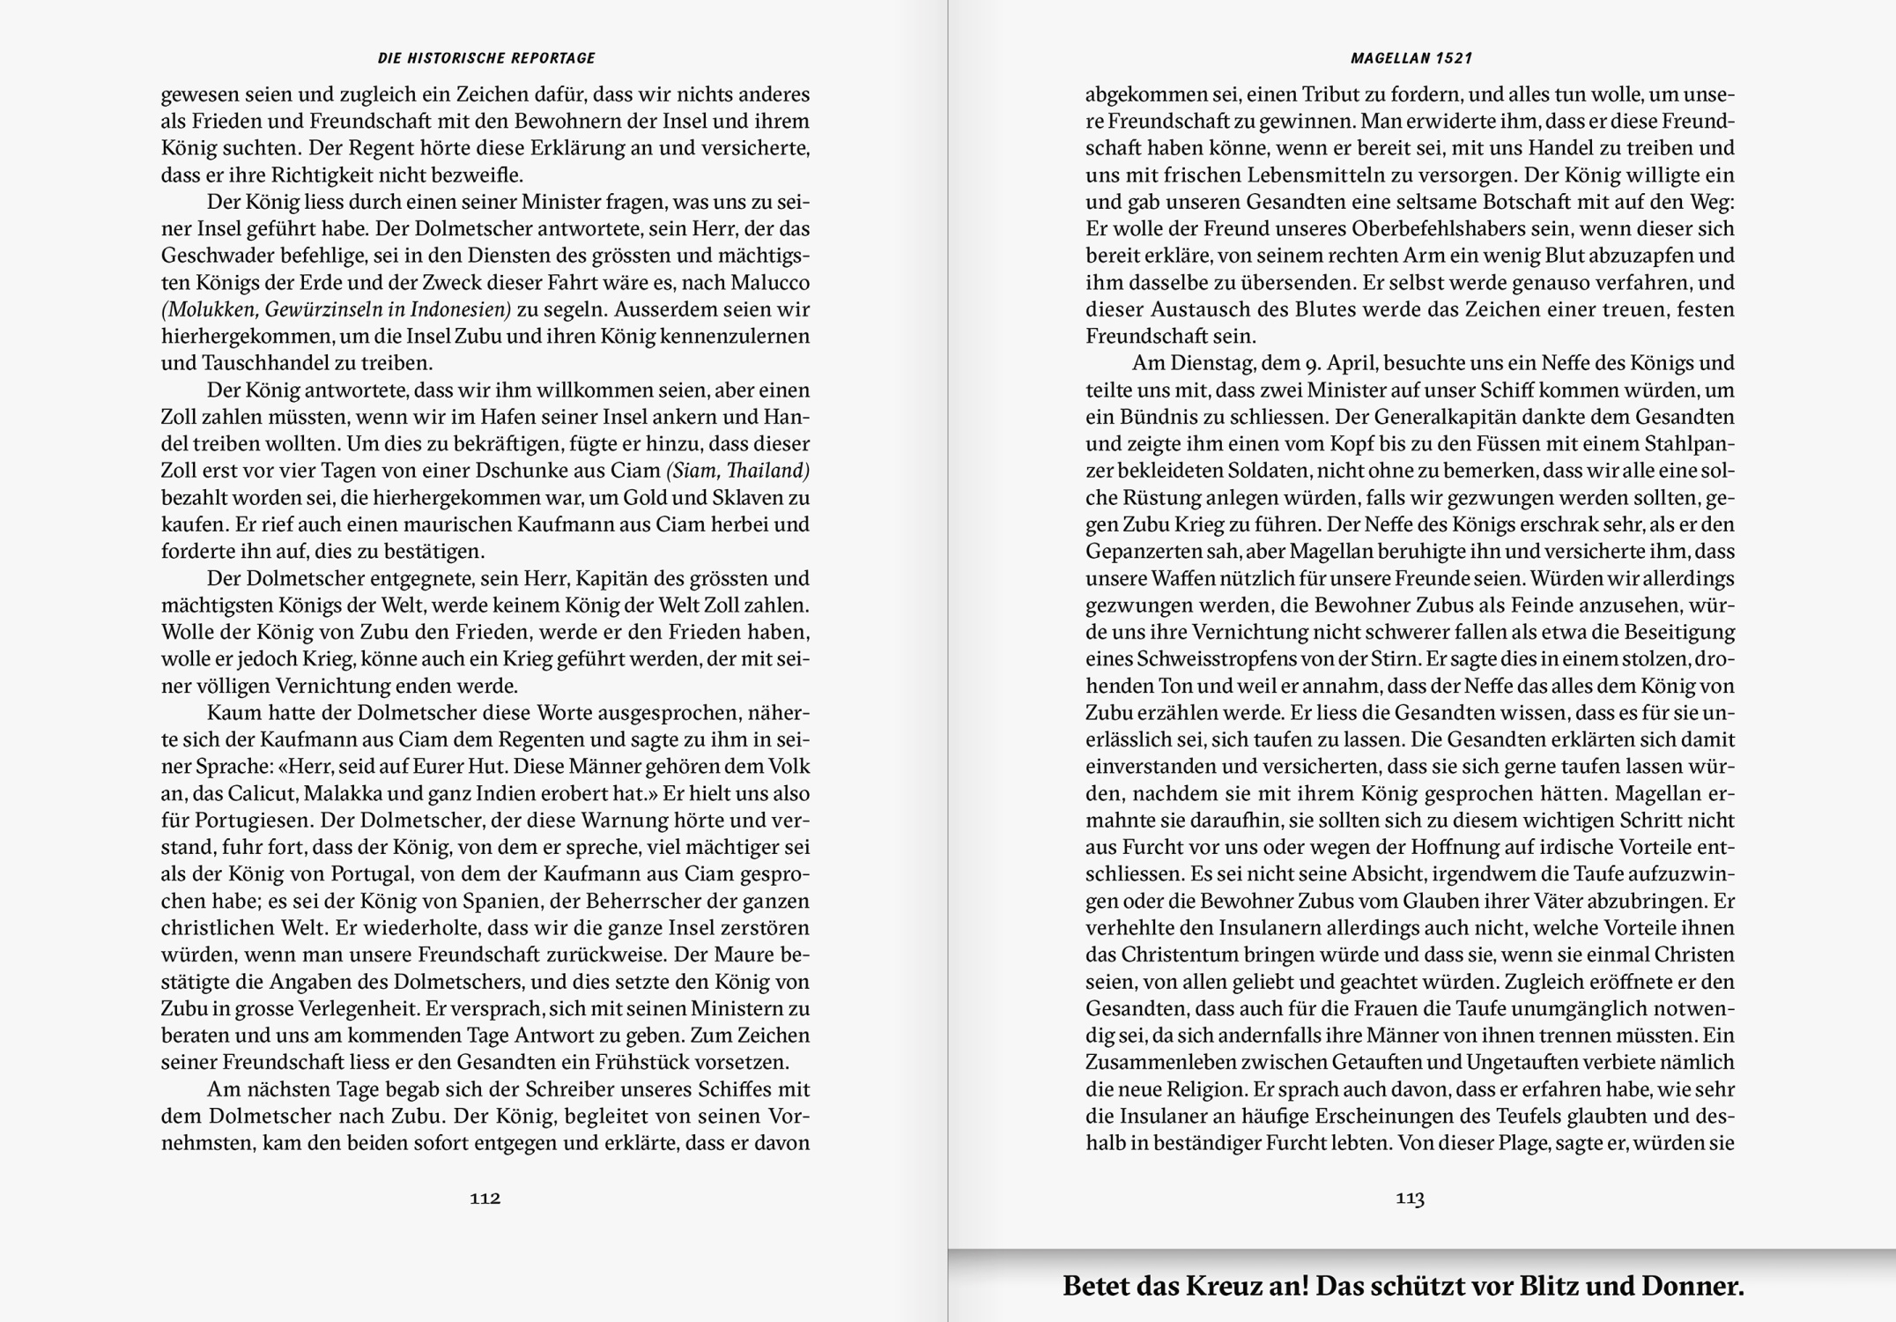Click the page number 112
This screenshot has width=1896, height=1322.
[x=485, y=1198]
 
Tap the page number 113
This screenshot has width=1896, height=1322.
[x=1410, y=1198]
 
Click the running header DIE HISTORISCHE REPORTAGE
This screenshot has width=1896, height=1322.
[x=486, y=58]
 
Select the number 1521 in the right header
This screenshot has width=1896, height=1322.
[x=1454, y=58]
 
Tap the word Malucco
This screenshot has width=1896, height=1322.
[x=768, y=283]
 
